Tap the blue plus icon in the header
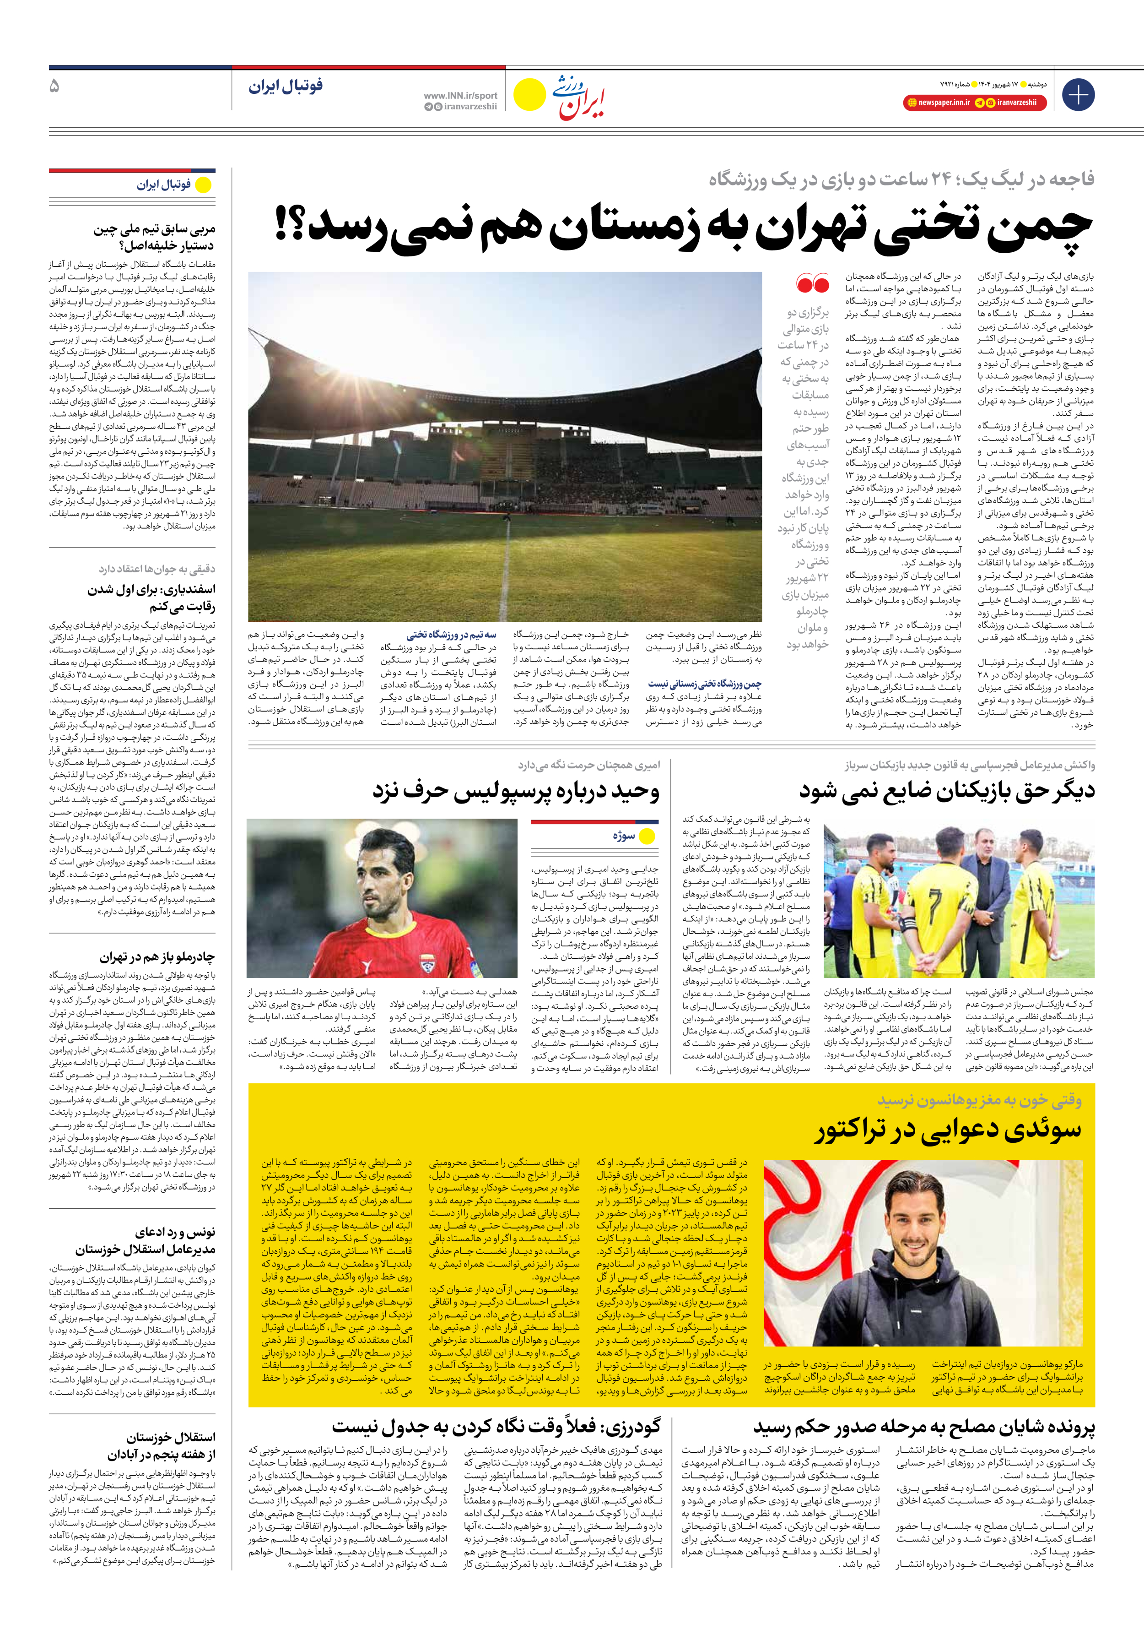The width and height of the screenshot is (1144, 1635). [1078, 95]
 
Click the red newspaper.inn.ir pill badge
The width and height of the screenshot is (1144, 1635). [938, 103]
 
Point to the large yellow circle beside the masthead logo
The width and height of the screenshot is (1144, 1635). [529, 95]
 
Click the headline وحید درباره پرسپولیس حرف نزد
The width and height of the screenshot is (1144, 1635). [516, 791]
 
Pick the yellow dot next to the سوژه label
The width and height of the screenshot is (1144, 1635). [647, 837]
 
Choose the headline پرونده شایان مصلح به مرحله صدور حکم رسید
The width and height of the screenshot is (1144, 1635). [924, 1424]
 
